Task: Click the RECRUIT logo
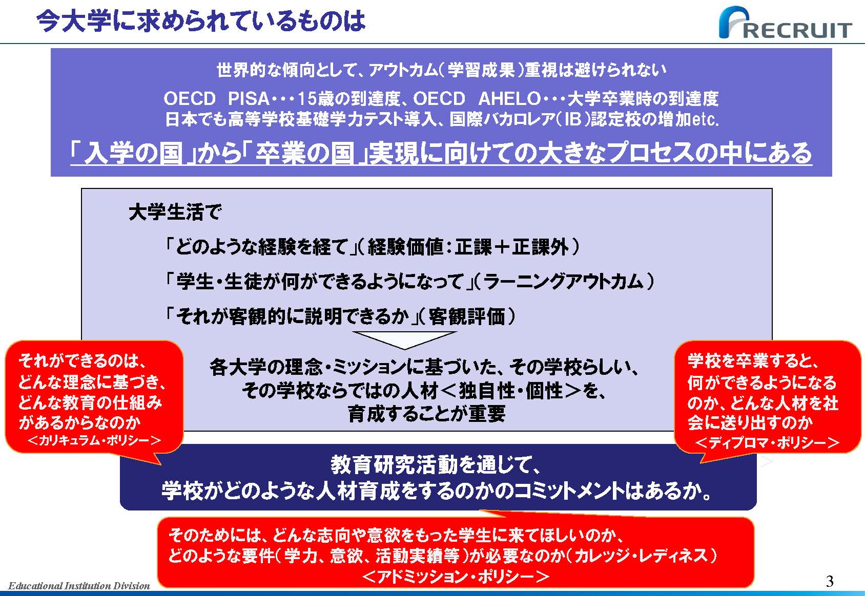click(785, 23)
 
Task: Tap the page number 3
click(829, 581)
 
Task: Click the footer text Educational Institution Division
click(79, 586)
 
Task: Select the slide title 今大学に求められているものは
click(201, 21)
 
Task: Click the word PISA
click(249, 99)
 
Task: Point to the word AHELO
click(509, 99)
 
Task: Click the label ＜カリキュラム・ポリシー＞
click(94, 440)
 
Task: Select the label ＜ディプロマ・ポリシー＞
click(767, 442)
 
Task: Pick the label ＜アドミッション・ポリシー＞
click(456, 577)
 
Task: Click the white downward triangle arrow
click(404, 340)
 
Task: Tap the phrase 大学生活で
click(175, 212)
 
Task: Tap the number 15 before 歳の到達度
click(307, 99)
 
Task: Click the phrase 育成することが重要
click(426, 414)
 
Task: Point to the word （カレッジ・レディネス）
click(645, 556)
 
